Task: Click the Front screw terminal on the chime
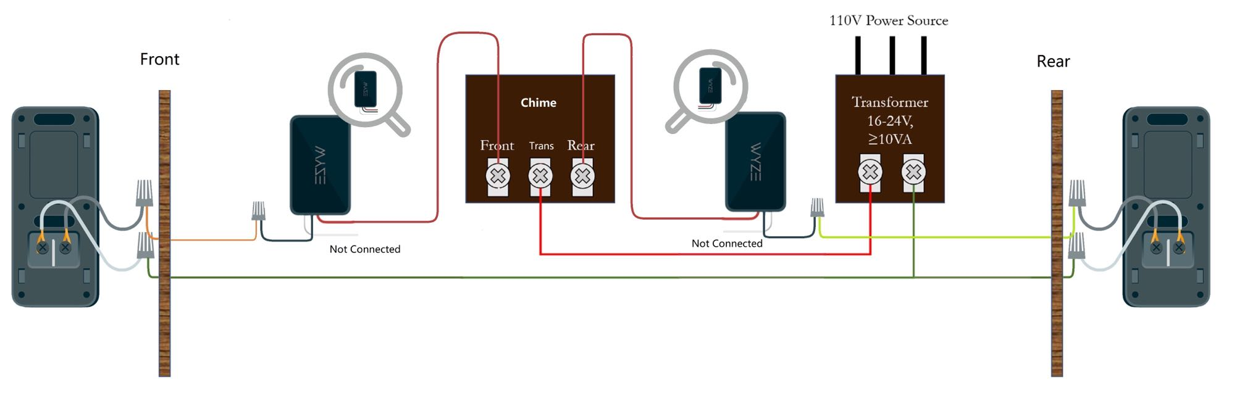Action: (498, 176)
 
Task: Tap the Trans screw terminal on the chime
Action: (540, 176)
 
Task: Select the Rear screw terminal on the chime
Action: (582, 176)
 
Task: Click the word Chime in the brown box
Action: (539, 102)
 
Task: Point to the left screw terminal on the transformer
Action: (870, 172)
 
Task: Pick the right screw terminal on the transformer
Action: (913, 172)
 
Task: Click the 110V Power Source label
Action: (888, 20)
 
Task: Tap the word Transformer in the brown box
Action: (890, 102)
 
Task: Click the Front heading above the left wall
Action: (159, 59)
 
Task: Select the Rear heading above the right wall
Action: (1053, 61)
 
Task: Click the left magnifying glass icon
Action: (367, 91)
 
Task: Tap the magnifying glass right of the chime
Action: (710, 88)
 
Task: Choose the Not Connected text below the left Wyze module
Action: (365, 249)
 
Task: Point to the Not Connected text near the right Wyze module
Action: (727, 244)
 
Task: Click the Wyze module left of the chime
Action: (321, 165)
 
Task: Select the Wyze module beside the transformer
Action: (755, 162)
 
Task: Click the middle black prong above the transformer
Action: (892, 55)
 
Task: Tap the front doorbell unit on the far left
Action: (55, 207)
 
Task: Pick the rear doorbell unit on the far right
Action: (1166, 207)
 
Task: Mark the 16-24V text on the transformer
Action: (890, 120)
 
